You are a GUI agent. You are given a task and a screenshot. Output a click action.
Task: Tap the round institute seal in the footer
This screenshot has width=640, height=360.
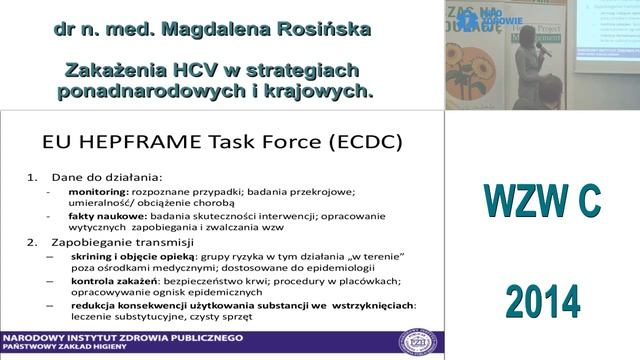[419, 341]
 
